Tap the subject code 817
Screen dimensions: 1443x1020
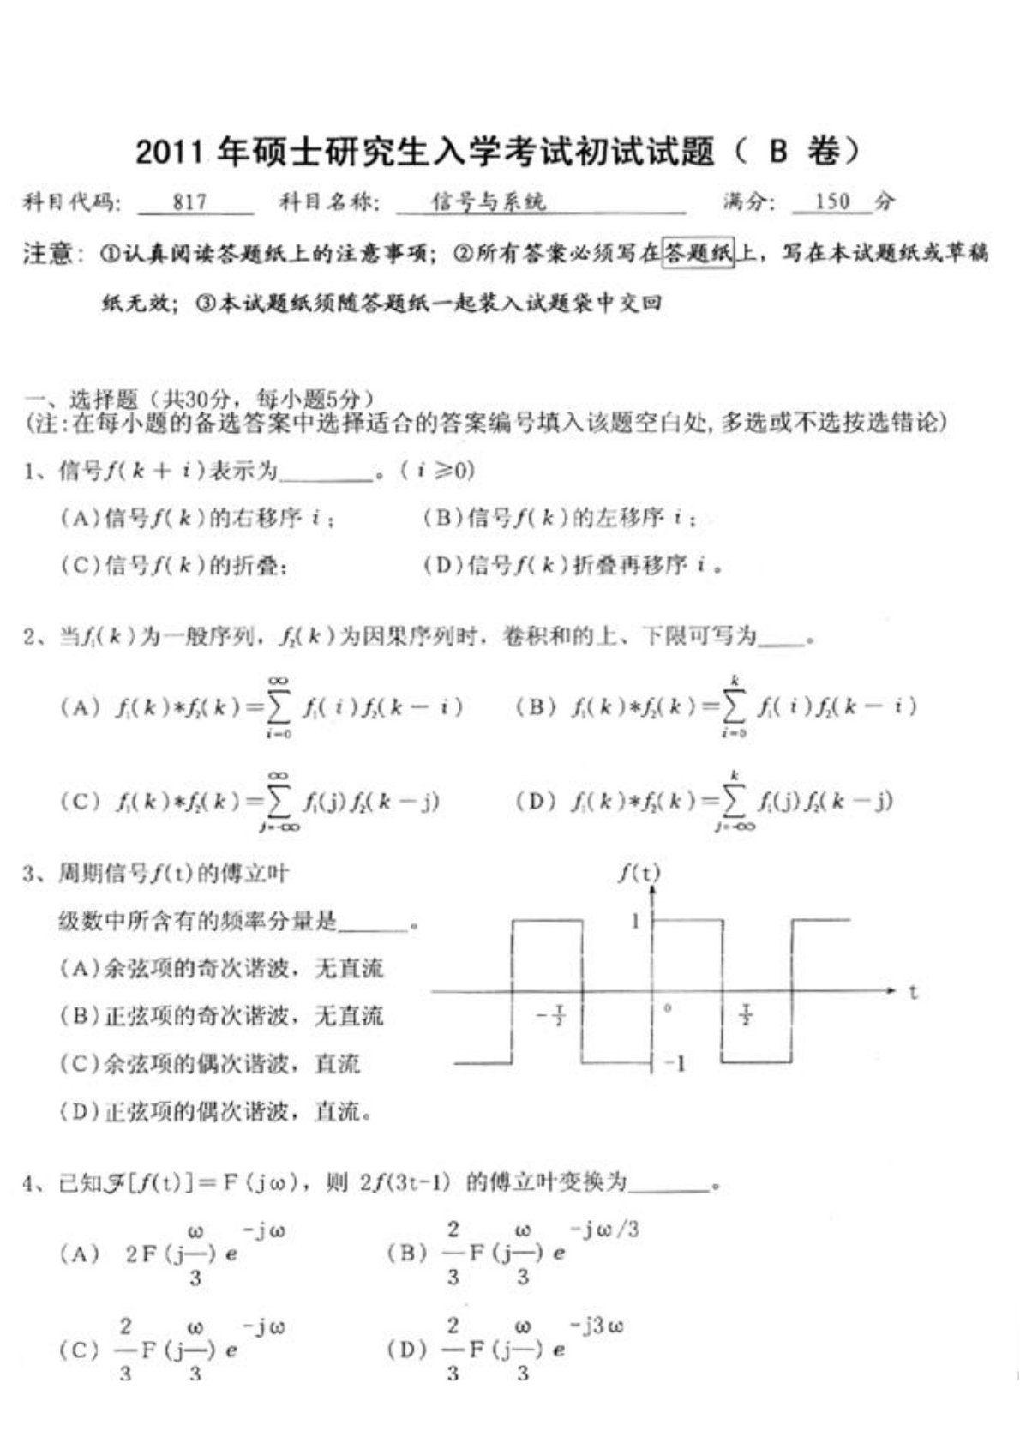coord(190,202)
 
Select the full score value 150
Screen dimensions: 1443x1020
coord(832,202)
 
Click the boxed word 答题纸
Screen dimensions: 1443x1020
coord(699,254)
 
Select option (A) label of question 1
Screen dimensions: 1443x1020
coord(80,518)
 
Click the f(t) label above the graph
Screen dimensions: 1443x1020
coord(639,873)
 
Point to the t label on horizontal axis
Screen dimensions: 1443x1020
coord(914,992)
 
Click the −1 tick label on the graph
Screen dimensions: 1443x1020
coord(675,1064)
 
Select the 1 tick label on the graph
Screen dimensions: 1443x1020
coord(635,922)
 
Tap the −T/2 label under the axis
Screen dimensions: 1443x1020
coord(551,1017)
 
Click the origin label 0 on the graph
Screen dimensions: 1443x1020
coord(668,1008)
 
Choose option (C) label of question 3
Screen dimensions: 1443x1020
coord(80,1065)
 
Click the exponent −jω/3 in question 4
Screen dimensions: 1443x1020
coord(606,1230)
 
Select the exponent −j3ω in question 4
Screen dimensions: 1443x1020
coord(597,1327)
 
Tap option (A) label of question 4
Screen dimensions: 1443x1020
coord(80,1254)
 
